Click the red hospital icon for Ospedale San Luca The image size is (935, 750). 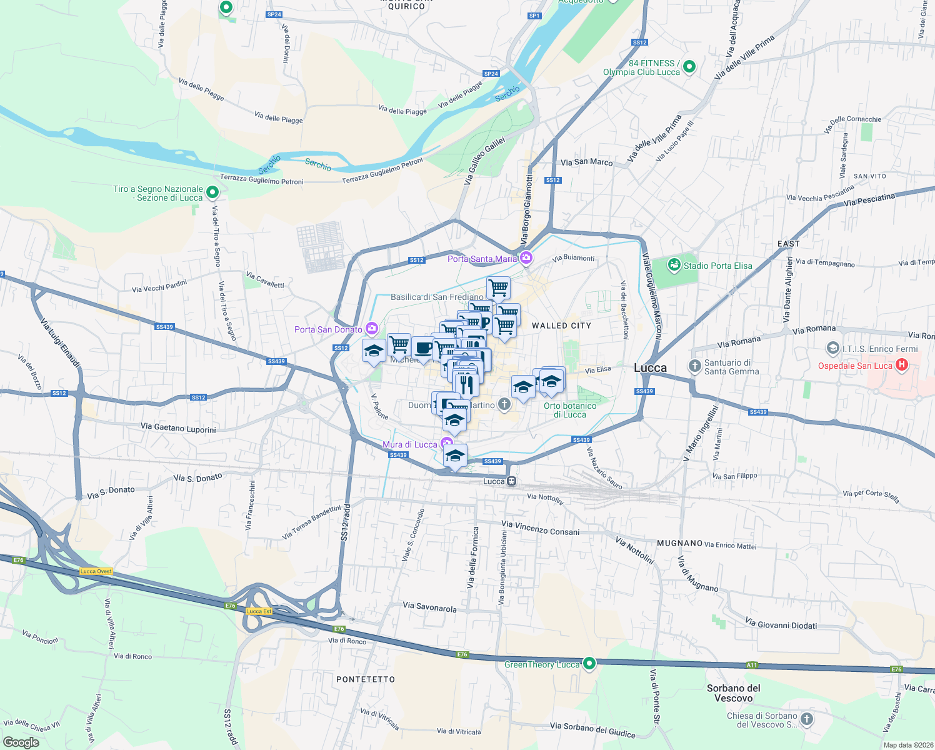point(901,364)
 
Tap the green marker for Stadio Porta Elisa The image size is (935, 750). point(674,265)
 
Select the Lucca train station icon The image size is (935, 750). point(511,481)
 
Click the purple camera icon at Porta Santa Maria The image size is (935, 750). point(526,257)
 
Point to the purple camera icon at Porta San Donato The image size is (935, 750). point(372,328)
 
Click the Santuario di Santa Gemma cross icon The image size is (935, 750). point(694,366)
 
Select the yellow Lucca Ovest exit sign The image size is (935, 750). point(96,571)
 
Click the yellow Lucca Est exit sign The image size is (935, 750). point(259,611)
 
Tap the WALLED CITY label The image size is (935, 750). point(561,326)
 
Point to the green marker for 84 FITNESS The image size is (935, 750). point(689,66)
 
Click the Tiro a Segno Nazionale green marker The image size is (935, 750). point(212,192)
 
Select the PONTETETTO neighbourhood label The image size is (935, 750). point(366,679)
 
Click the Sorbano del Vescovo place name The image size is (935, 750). point(733,693)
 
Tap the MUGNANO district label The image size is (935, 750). point(680,543)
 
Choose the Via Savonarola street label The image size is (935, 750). point(429,607)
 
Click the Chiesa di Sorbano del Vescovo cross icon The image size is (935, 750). point(807,719)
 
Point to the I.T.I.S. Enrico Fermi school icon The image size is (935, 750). point(832,348)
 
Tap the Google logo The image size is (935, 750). point(21,742)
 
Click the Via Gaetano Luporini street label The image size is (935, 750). point(178,428)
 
